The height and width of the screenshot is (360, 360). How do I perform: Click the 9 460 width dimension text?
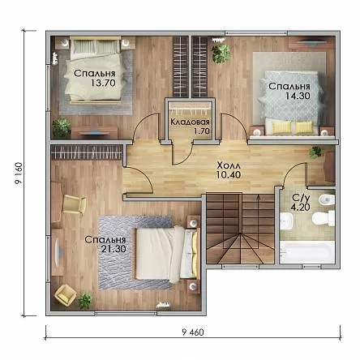click(x=193, y=332)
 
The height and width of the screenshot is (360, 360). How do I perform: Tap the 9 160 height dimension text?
click(x=19, y=174)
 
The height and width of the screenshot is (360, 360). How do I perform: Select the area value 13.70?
click(x=103, y=83)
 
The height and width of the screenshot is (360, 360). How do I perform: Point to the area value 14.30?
click(x=298, y=96)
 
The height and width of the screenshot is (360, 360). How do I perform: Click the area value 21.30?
click(x=114, y=249)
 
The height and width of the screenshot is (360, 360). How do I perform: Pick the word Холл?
click(x=229, y=165)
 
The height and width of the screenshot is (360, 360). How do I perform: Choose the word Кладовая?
click(x=190, y=122)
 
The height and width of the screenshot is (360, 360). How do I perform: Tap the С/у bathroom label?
click(x=300, y=198)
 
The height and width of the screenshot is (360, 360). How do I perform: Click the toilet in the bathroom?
click(x=324, y=218)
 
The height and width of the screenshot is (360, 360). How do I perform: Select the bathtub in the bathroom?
click(x=307, y=252)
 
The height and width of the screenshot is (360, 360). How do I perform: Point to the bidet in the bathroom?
click(x=327, y=199)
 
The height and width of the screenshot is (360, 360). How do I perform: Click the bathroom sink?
click(x=287, y=221)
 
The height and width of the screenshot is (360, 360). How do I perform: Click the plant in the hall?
click(x=316, y=152)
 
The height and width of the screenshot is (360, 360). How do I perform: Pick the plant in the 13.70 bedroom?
click(x=62, y=127)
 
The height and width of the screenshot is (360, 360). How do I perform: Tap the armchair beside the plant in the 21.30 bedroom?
click(x=66, y=295)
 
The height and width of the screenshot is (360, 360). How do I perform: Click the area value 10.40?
click(x=229, y=175)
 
